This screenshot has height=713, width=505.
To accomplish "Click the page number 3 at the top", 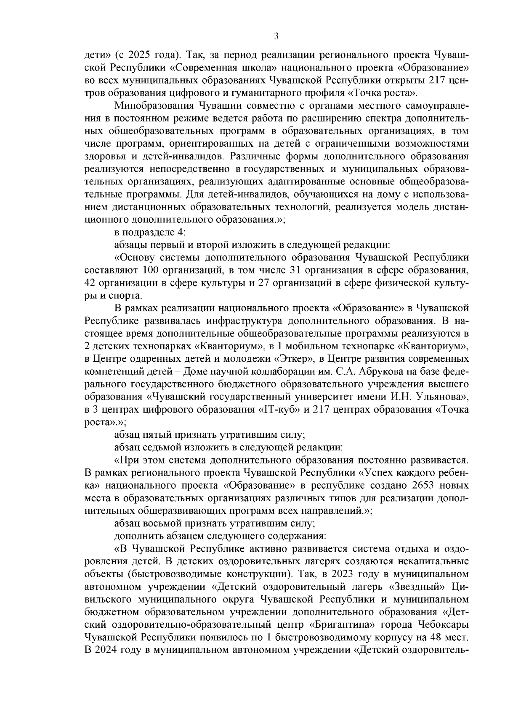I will click(276, 36).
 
